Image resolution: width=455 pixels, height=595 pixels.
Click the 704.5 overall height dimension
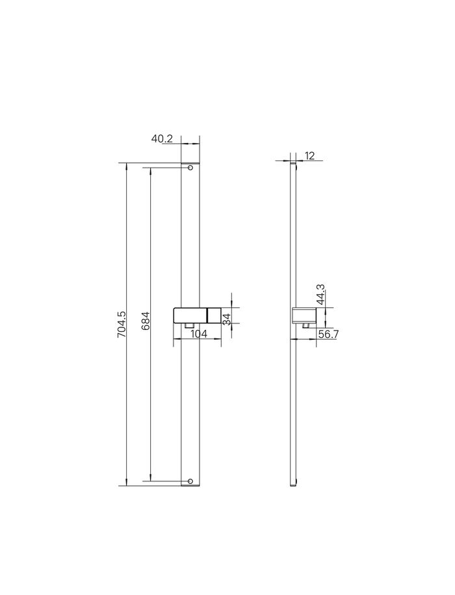(122, 324)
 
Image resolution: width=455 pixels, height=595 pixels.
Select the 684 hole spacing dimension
(146, 321)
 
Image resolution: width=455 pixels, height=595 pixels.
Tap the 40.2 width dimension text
(162, 138)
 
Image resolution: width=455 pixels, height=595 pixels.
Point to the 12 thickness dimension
(310, 156)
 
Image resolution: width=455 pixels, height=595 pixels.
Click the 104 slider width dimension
(199, 334)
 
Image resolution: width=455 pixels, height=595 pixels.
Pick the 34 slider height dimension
(227, 319)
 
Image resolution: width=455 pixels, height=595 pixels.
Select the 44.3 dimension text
(321, 294)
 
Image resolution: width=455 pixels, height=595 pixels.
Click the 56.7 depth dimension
(328, 335)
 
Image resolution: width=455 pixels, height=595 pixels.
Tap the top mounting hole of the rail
(190, 168)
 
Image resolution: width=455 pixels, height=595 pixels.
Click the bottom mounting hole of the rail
(190, 481)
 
